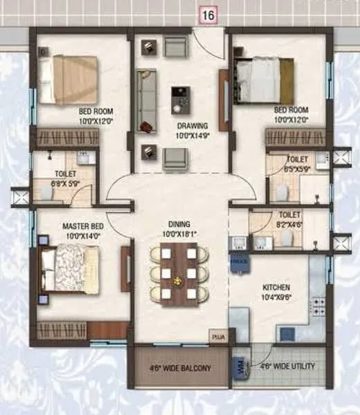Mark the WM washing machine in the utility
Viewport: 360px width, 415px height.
[240, 365]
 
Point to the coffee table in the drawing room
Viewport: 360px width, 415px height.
[181, 99]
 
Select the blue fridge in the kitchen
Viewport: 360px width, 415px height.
[240, 263]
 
